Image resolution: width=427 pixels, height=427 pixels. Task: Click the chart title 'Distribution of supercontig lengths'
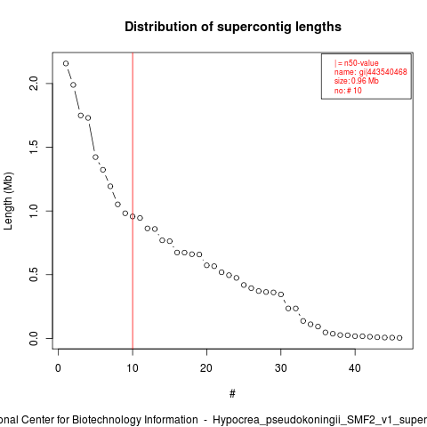click(233, 27)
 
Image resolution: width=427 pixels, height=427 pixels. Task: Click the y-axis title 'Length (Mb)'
click(9, 201)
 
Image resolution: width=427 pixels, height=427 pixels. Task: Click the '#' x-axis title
click(232, 394)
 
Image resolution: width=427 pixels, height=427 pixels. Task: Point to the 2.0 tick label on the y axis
click(34, 84)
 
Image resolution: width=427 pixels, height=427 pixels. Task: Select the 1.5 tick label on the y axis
click(34, 147)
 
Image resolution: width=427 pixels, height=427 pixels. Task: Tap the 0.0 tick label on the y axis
click(34, 338)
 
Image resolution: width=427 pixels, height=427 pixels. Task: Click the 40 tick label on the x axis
click(355, 368)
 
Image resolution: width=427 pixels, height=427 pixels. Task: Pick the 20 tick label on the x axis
click(206, 368)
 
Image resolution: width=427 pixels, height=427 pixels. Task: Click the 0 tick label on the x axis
click(58, 368)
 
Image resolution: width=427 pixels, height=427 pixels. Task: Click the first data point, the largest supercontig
click(66, 63)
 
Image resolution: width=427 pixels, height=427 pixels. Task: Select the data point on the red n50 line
click(133, 216)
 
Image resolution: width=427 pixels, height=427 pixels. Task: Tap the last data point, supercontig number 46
click(399, 338)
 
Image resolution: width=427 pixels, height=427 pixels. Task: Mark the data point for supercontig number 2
click(73, 85)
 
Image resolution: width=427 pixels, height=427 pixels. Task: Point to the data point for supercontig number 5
click(95, 157)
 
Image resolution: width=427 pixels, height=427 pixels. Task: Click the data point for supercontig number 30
click(281, 294)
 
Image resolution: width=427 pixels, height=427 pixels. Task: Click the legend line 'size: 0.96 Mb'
click(357, 81)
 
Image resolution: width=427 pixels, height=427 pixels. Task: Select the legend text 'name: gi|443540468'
click(371, 72)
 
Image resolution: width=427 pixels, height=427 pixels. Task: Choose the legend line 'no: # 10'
click(348, 90)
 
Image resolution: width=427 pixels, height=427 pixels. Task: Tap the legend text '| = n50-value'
click(357, 63)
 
